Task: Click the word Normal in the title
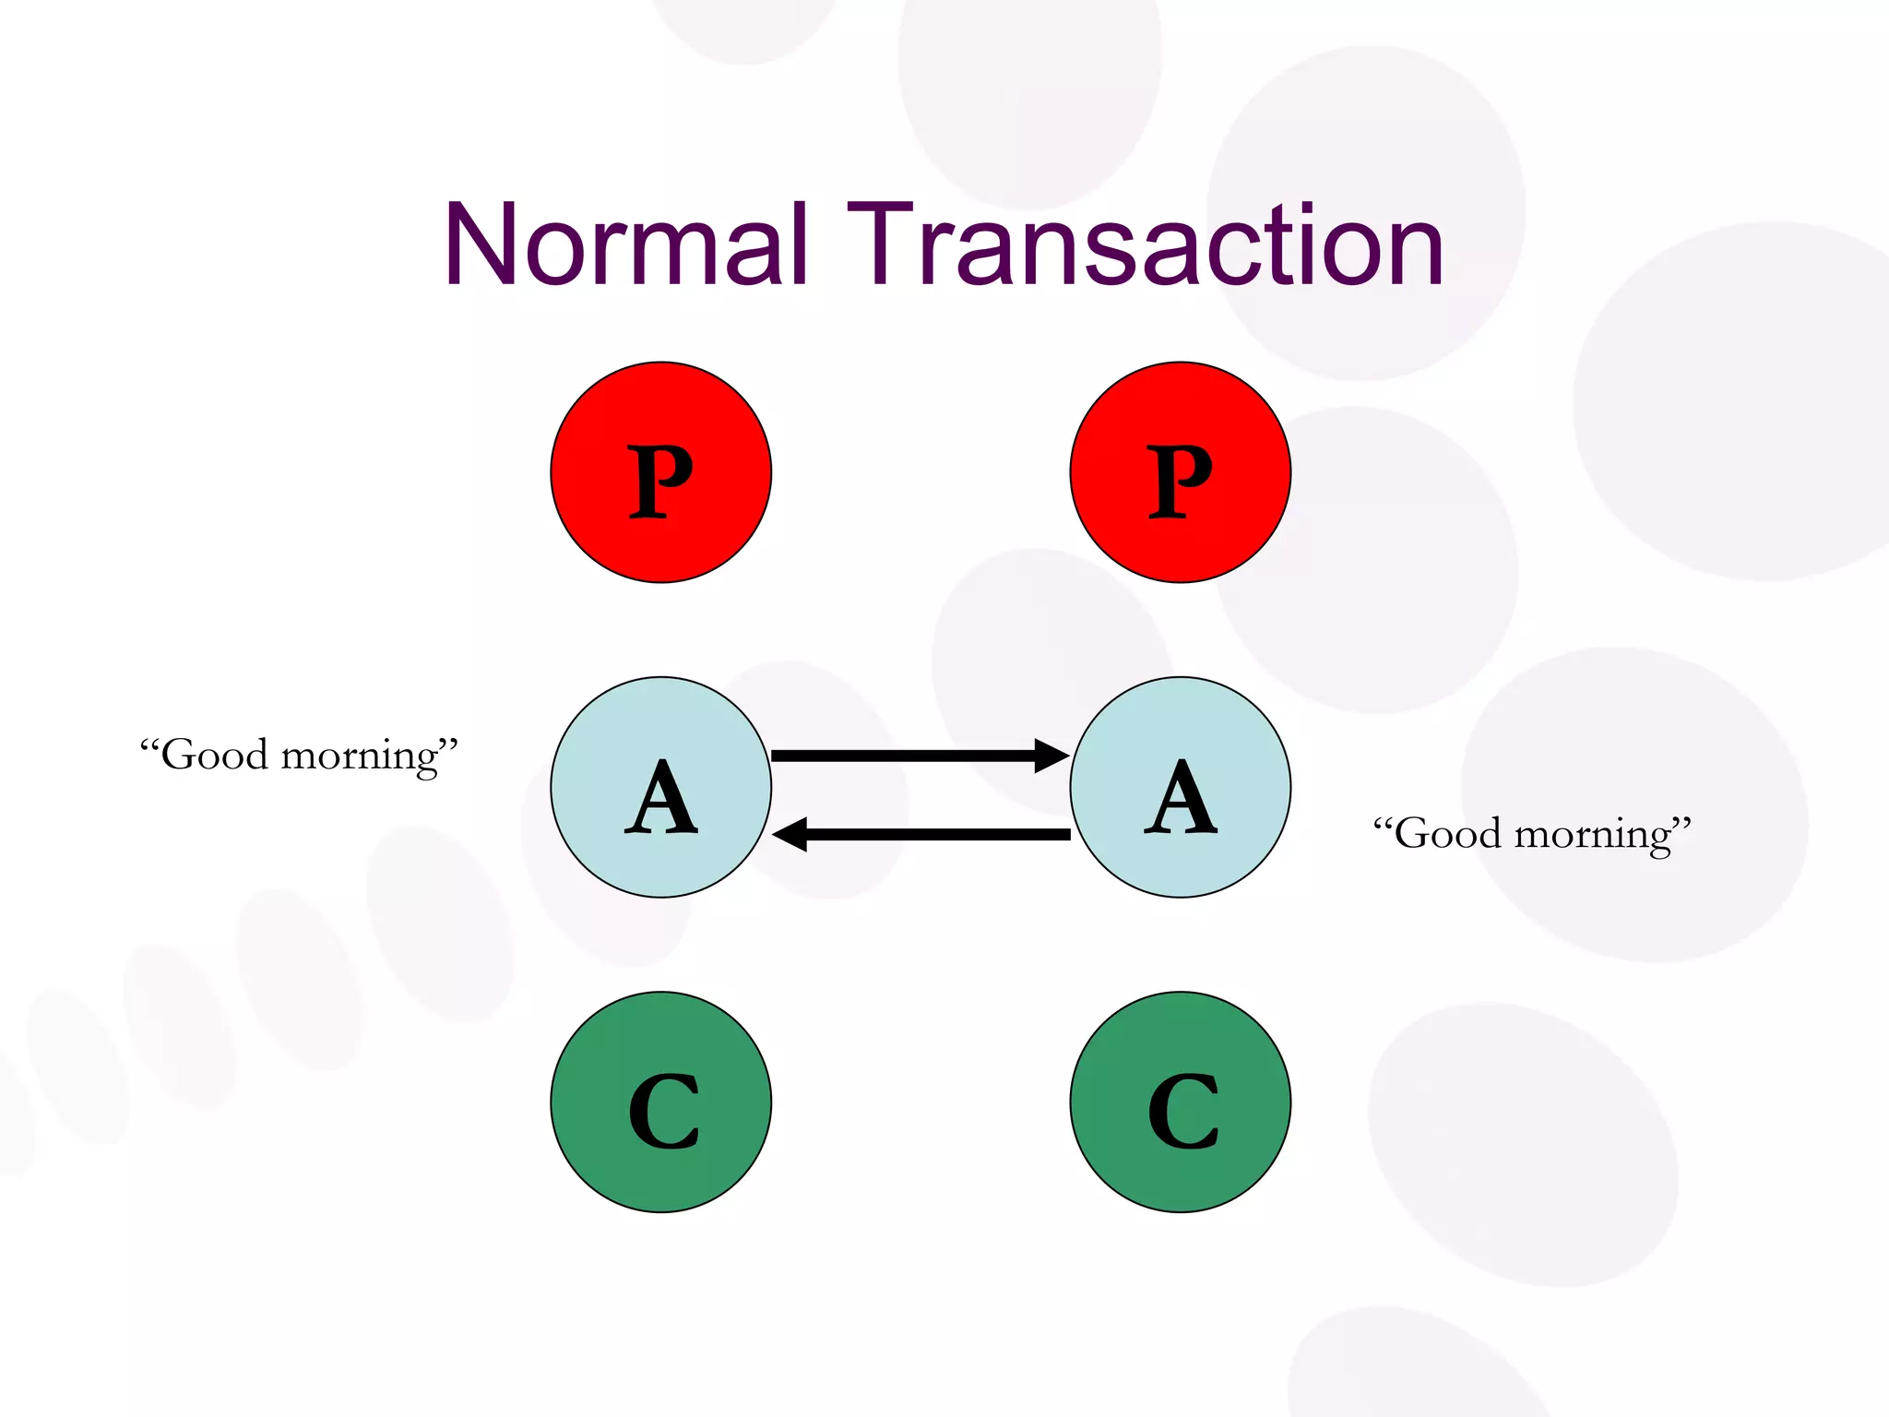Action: [x=626, y=245]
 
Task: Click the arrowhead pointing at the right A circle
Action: [x=1051, y=756]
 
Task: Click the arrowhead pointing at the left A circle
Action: [x=790, y=834]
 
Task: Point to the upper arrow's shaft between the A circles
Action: [x=904, y=756]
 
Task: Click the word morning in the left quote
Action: [x=360, y=757]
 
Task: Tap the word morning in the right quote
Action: [x=1593, y=836]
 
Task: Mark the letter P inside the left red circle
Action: [x=660, y=481]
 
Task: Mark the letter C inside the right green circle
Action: [x=1182, y=1112]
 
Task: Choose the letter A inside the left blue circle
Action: [x=660, y=797]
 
